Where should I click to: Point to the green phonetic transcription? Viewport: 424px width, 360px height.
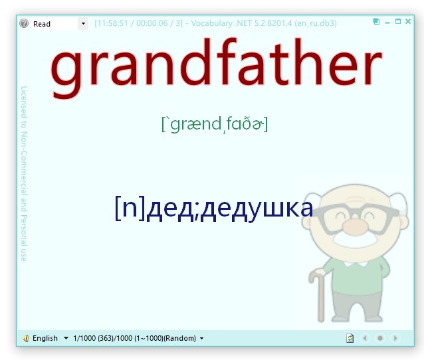pos(214,124)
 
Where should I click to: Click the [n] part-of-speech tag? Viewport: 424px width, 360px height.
pos(130,208)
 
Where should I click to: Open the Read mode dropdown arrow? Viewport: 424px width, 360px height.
pos(83,24)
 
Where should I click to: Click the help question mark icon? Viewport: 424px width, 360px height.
pos(24,23)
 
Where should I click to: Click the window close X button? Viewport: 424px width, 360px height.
pos(407,22)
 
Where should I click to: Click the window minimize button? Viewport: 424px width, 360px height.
pos(387,22)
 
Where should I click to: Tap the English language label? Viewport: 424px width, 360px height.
pos(45,338)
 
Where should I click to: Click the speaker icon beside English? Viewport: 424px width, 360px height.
pos(25,338)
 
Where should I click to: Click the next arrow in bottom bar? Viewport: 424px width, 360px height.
pos(395,338)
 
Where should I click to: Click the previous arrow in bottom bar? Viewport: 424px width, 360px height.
pos(364,338)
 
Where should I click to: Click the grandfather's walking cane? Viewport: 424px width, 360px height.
pos(318,292)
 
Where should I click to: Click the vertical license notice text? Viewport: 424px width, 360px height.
pos(24,173)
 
